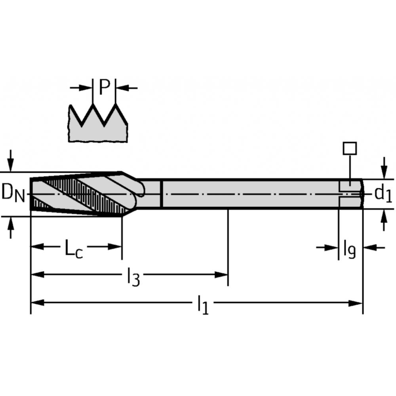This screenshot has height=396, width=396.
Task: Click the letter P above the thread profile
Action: point(105,87)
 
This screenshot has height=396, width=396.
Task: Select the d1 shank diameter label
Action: point(383,194)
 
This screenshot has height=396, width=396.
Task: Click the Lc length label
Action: point(74,249)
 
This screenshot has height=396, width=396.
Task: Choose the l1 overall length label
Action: point(203,305)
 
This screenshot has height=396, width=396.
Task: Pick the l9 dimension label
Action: point(350,249)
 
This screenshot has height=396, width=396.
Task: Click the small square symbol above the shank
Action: point(350,148)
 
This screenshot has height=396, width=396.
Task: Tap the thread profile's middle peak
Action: point(93,104)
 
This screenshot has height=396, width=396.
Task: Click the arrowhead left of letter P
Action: point(86,88)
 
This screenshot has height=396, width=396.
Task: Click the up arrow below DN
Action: point(10,228)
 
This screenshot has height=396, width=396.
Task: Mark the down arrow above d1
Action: point(384,168)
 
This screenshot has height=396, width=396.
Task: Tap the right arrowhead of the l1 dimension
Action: point(355,303)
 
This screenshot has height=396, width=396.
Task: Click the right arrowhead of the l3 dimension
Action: point(221,275)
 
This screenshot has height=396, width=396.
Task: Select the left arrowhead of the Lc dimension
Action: point(38,247)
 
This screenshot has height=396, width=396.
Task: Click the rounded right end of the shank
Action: point(362,194)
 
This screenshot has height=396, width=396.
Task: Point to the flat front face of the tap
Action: point(30,194)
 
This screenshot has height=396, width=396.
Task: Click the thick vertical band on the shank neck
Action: point(162,194)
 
